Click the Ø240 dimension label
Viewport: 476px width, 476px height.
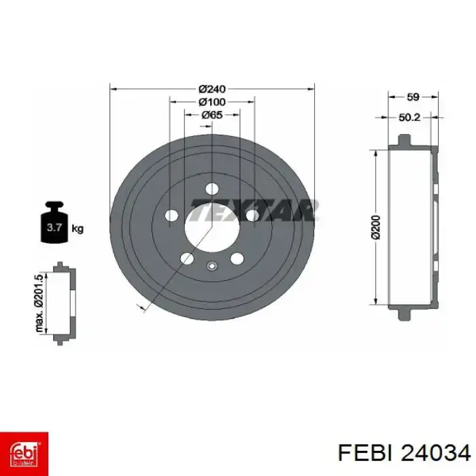coord(212,89)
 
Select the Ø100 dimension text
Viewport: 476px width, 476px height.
coord(212,102)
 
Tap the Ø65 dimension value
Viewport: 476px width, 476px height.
coord(212,115)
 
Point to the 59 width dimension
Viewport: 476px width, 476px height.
coord(413,97)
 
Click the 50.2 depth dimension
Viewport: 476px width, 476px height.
coord(409,117)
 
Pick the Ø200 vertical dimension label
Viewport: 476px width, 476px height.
coord(376,227)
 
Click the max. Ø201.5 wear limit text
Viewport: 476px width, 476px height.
coord(39,303)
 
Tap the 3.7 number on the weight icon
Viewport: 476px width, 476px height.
coord(54,227)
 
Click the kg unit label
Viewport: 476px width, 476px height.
coord(78,228)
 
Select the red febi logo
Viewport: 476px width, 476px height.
coord(24,454)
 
